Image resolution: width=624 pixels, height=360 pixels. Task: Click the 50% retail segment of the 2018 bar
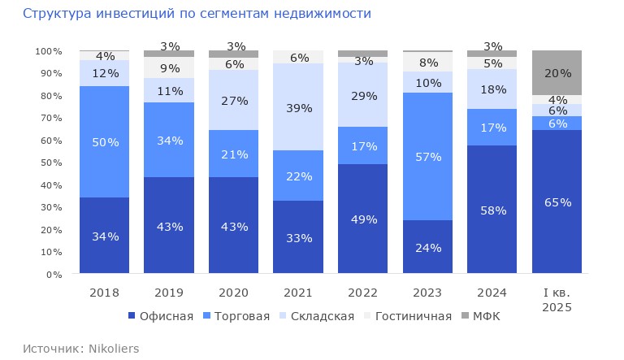(x=104, y=142)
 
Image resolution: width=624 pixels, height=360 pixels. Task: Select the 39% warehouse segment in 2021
(x=298, y=107)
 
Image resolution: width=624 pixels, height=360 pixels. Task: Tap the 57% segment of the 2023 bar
(x=427, y=156)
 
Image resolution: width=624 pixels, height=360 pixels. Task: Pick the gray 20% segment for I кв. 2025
(x=557, y=72)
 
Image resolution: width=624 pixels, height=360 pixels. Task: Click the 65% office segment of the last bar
(x=557, y=202)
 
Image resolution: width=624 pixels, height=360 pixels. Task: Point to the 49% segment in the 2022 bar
(x=363, y=219)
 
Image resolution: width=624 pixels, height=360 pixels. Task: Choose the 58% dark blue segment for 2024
(x=492, y=210)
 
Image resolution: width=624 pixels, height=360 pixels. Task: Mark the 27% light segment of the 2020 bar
(x=234, y=100)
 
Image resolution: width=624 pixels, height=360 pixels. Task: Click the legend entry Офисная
(x=160, y=315)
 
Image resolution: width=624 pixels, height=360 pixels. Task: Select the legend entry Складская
(x=317, y=315)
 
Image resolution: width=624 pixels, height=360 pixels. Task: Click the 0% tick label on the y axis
(x=54, y=275)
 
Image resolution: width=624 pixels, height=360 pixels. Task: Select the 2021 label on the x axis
(x=298, y=292)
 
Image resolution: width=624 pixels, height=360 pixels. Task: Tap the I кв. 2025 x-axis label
(x=557, y=299)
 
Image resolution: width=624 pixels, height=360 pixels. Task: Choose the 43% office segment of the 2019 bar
(x=169, y=226)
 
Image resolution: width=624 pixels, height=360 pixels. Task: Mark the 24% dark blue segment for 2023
(x=427, y=247)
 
